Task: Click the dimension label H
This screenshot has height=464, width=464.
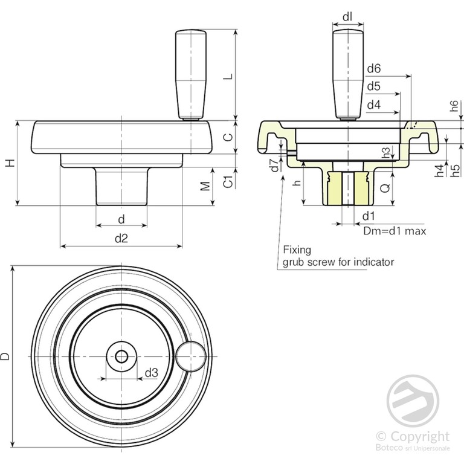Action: click(9, 163)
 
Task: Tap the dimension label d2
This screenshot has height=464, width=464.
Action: click(121, 238)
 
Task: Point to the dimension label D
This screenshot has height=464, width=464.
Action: click(5, 356)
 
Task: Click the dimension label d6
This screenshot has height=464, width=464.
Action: click(373, 68)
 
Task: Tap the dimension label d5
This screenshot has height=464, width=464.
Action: click(373, 86)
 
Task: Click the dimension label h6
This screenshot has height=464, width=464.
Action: click(454, 106)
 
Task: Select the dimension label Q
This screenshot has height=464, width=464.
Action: click(385, 188)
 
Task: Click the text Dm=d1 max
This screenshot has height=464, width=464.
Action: click(395, 231)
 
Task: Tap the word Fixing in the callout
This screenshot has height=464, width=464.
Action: click(297, 249)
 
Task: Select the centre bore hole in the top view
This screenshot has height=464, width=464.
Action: click(121, 356)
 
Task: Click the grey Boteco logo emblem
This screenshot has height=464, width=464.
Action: click(413, 400)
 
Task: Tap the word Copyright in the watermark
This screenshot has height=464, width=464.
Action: click(419, 436)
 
